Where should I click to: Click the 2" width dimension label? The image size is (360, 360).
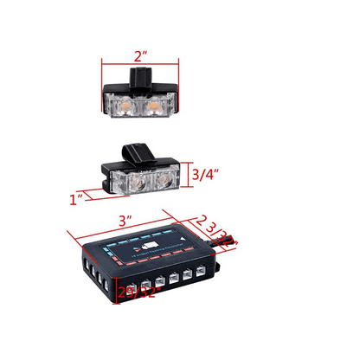tap(142, 57)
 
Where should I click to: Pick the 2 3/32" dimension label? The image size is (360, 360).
tap(212, 227)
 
